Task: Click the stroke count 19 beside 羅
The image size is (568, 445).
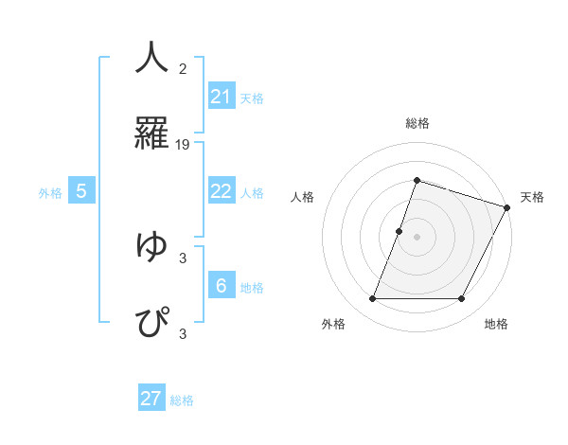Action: coord(183,145)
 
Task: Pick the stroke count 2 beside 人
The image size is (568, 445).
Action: coord(183,69)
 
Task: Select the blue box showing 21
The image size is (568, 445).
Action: coord(221,97)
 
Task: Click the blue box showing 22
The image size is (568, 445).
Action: coord(221,191)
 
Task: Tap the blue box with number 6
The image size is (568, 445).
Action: coord(221,286)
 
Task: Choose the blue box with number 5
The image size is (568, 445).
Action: coord(81,191)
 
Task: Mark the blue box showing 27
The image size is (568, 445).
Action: coord(151,399)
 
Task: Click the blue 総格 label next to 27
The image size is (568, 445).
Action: coord(182,400)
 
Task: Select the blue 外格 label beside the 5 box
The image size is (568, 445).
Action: coord(50,193)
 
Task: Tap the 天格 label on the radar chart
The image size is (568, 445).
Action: coord(532,197)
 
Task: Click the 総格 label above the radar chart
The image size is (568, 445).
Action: coord(417,124)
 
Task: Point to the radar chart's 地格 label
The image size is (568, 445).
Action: coord(496,325)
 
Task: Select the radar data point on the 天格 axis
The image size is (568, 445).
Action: coord(506,207)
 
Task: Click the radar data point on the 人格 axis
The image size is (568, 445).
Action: coord(399,231)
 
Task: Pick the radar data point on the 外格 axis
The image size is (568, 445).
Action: coord(372,299)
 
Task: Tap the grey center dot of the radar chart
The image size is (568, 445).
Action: coord(417,237)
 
